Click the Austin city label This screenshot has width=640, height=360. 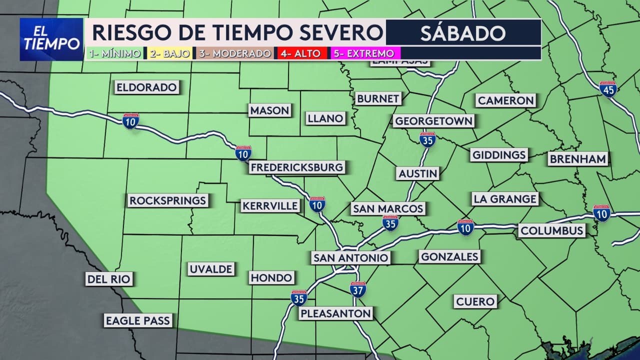tap(418, 173)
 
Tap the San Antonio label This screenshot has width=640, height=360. tap(350, 257)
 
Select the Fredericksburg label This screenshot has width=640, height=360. tap(297, 167)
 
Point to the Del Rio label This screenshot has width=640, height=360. tap(108, 279)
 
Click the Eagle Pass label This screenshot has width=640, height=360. tap(138, 320)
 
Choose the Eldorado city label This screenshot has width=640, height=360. tap(146, 87)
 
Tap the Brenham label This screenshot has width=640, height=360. tap(578, 159)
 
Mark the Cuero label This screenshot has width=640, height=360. tap(475, 301)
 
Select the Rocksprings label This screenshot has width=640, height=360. tap(168, 200)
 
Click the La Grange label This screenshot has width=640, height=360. tap(505, 199)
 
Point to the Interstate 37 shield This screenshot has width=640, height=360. tap(358, 289)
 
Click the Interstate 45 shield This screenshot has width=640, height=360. tap(607, 88)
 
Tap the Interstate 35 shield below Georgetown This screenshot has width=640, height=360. tap(427, 139)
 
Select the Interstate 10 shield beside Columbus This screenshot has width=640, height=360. tap(601, 213)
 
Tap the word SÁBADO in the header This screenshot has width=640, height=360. tap(462, 33)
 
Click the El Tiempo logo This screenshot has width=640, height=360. tap(51, 39)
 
